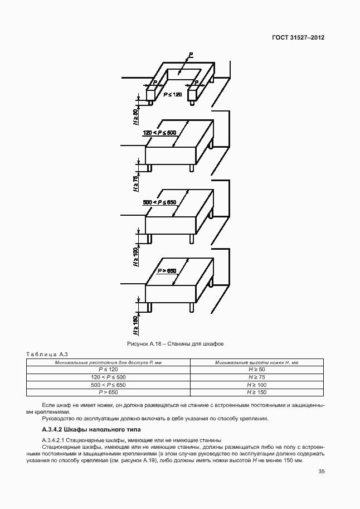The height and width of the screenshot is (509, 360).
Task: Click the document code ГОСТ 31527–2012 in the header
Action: pos(298,38)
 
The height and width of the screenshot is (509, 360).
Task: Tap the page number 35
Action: pos(321,472)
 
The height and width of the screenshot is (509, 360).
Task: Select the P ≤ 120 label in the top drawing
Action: pos(172,95)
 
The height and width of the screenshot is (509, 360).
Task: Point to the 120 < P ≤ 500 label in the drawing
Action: pos(159,133)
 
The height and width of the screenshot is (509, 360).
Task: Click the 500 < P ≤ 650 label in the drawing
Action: pos(159,202)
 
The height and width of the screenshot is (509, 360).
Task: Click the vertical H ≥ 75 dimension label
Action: pos(135,185)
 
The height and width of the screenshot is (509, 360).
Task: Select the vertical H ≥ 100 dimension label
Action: pos(135,258)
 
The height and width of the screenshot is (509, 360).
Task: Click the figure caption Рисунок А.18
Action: pos(176,344)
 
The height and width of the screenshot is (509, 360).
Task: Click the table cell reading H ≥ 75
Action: pos(256,377)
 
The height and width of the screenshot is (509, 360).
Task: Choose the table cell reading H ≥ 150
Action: pos(256,392)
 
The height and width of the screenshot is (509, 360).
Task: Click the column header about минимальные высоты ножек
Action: pos(256,362)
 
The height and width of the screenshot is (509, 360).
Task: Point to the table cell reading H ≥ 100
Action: pos(256,385)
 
